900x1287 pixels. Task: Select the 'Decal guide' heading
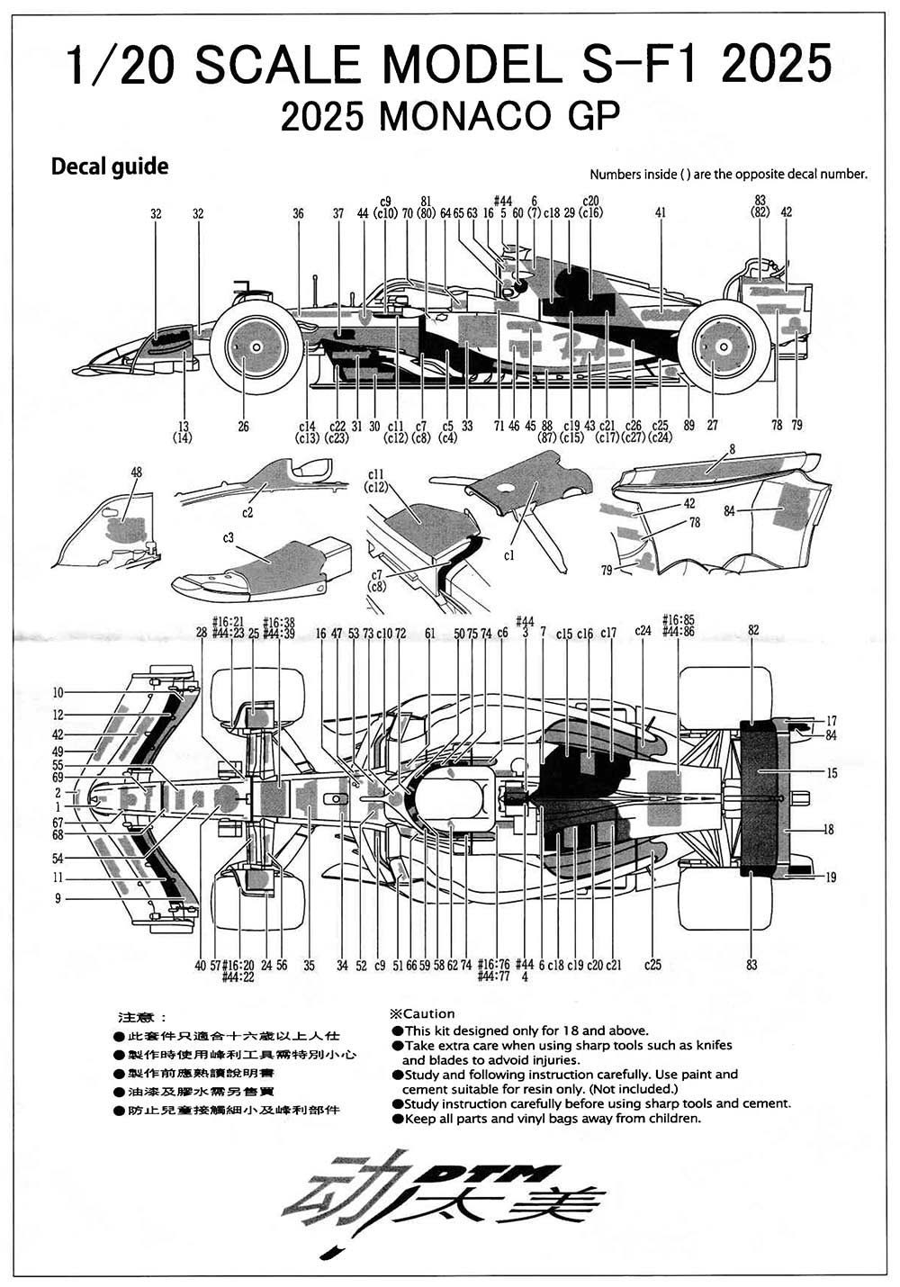(110, 166)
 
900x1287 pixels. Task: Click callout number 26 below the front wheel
(243, 427)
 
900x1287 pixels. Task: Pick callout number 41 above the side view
(661, 213)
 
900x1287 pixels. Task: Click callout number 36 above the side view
(298, 214)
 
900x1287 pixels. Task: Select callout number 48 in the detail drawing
(136, 472)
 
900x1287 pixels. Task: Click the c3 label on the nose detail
(229, 538)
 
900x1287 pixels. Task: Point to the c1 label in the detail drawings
(509, 555)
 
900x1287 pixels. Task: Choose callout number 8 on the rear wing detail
(732, 448)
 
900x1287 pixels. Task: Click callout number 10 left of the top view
(58, 692)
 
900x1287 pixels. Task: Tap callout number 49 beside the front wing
(58, 751)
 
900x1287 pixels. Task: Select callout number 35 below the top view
(309, 966)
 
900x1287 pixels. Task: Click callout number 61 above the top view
(430, 634)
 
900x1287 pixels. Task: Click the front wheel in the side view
(256, 346)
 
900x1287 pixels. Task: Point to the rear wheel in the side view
(724, 346)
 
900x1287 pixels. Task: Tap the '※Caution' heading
(422, 1013)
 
